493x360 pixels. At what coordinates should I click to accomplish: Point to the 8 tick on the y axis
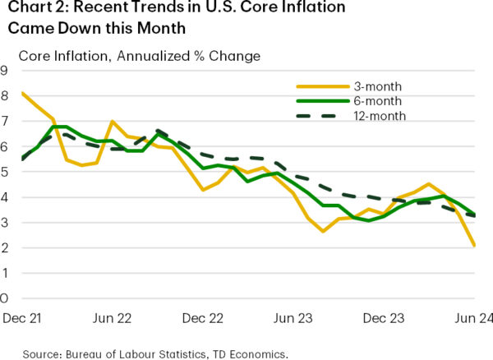[x=6, y=95]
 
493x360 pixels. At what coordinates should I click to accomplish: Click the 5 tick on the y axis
[x=6, y=172]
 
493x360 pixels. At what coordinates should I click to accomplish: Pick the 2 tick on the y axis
[x=6, y=247]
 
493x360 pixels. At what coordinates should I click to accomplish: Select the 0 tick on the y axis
[x=6, y=298]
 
